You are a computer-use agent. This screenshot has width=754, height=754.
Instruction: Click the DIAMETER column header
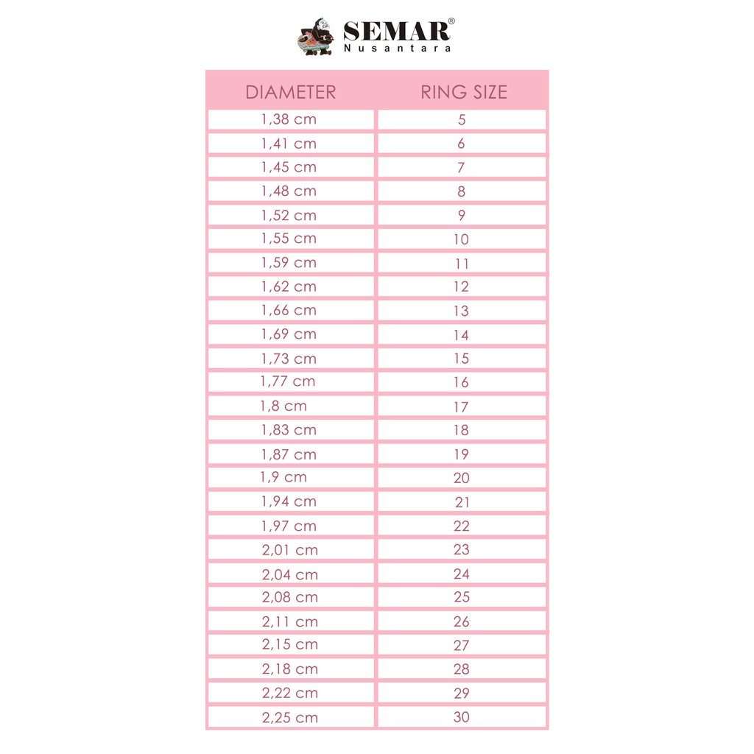tap(290, 92)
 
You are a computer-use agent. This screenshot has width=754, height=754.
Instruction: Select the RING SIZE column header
tap(463, 92)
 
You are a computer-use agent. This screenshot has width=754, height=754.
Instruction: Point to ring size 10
tap(461, 239)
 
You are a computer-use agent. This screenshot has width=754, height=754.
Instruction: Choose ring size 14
tap(461, 335)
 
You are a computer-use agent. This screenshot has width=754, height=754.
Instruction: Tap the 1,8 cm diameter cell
tap(283, 406)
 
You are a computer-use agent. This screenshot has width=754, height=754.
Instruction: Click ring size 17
tap(461, 406)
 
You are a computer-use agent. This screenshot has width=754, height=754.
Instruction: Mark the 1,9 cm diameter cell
tap(283, 477)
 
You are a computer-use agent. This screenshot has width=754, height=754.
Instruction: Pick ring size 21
tap(462, 502)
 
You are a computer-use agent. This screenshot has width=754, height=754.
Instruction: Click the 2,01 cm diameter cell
tap(290, 549)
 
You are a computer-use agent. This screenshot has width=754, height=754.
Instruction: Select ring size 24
tap(462, 574)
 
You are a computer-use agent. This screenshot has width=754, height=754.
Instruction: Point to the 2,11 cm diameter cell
tap(290, 621)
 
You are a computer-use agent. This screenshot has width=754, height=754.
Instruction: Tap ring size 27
tap(462, 645)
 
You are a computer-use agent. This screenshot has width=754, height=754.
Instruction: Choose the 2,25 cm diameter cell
tap(290, 717)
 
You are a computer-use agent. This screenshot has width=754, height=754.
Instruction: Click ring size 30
tap(462, 717)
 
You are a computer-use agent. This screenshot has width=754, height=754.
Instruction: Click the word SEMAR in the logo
tap(396, 32)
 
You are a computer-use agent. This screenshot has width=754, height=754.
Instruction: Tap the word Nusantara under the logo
tap(397, 49)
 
